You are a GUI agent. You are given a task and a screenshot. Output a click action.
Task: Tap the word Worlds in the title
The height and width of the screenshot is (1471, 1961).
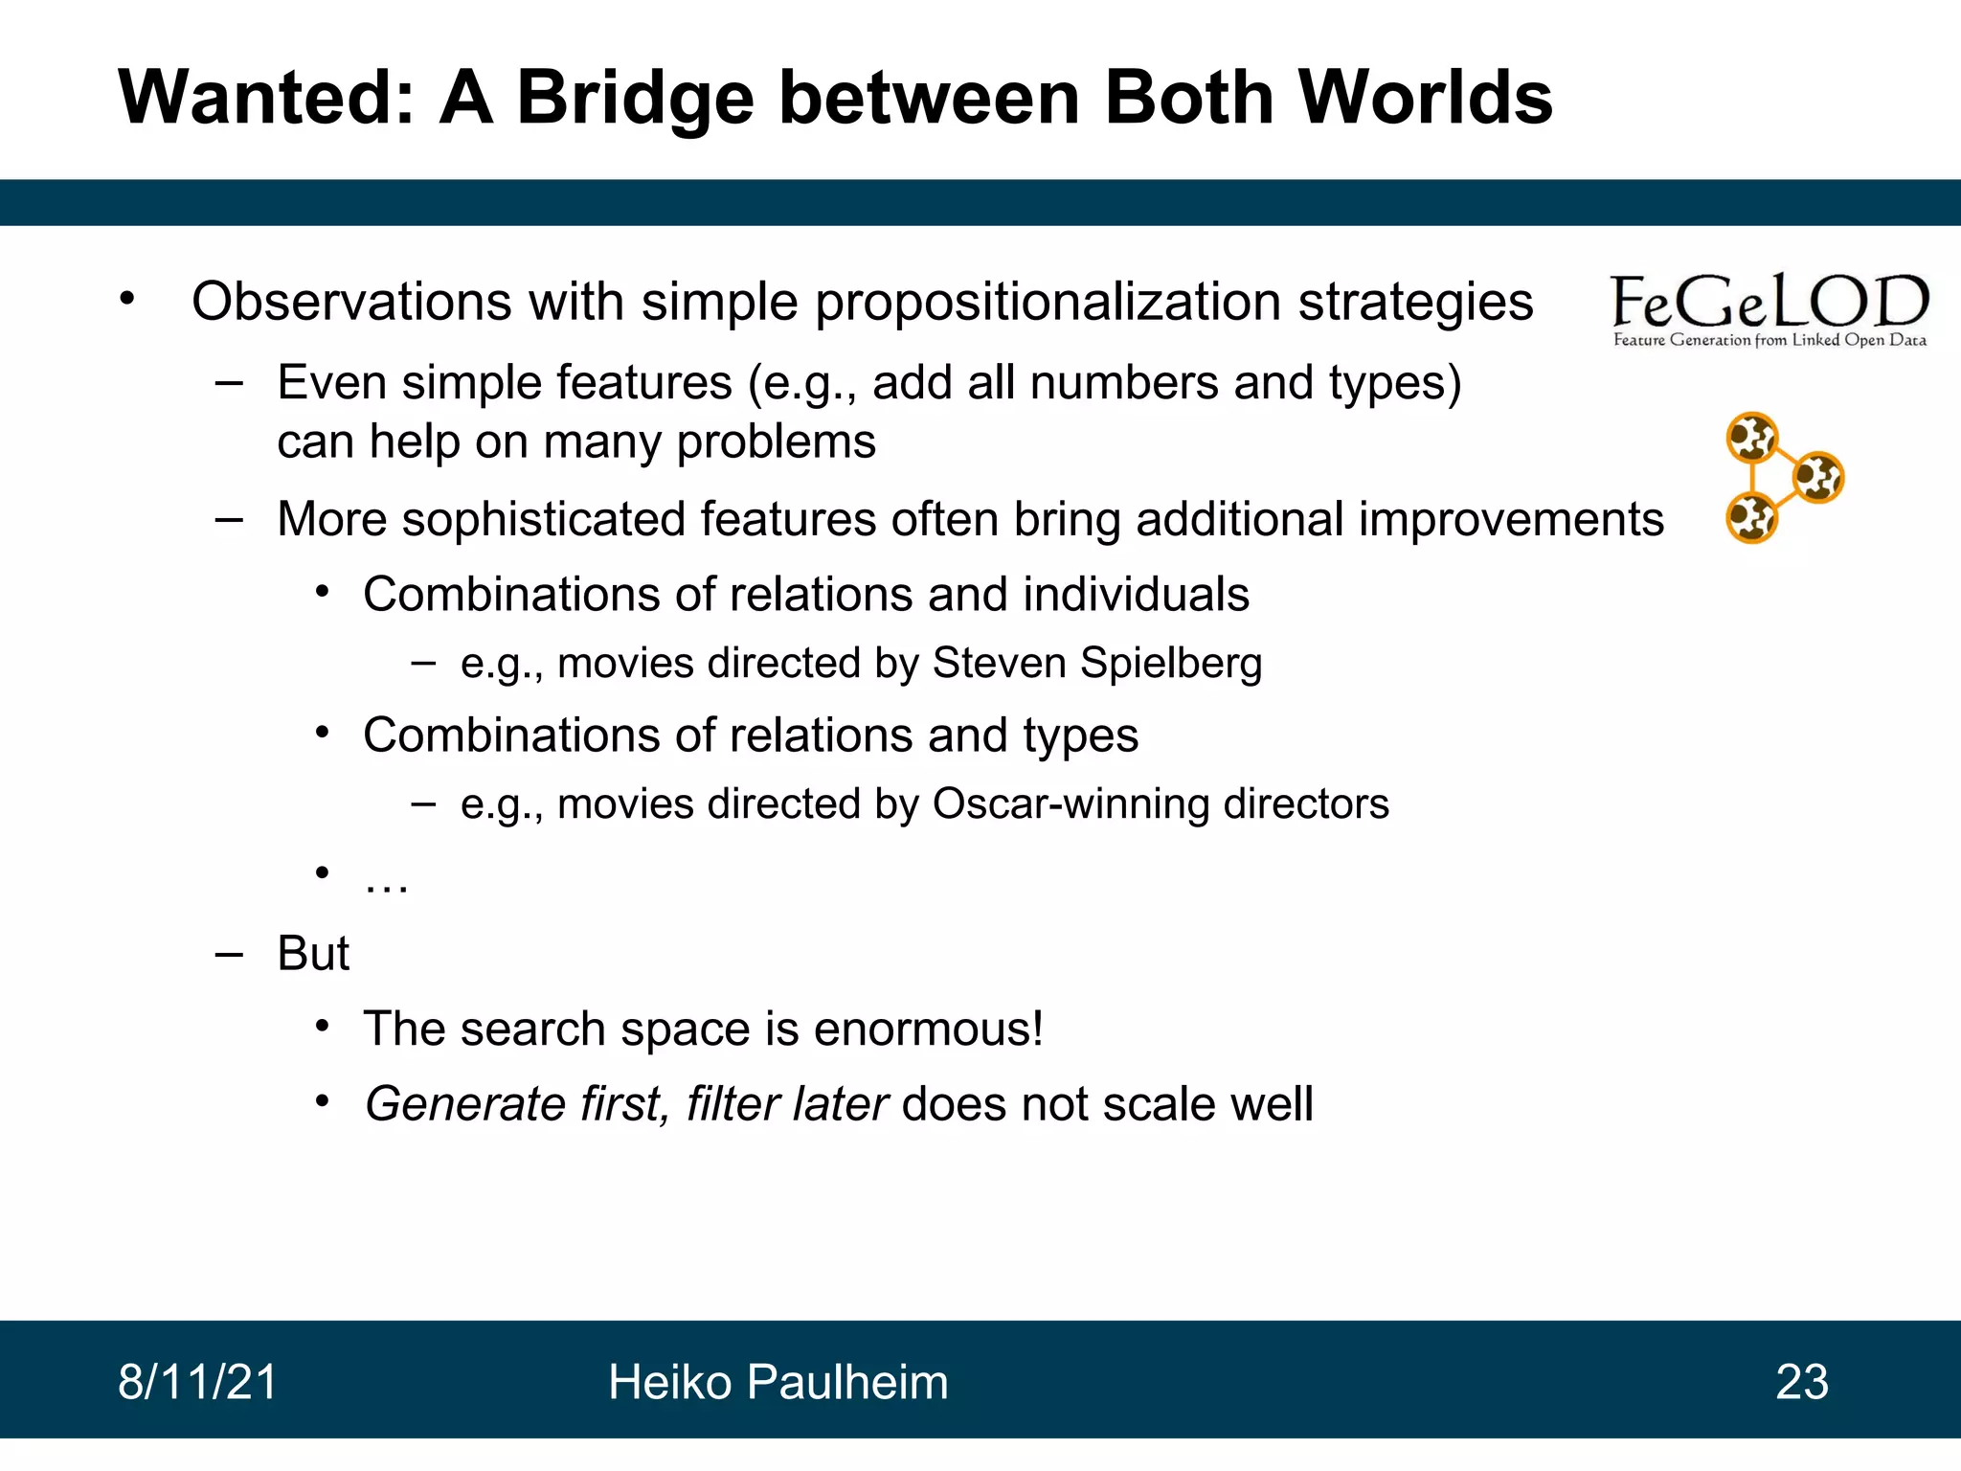point(1425,98)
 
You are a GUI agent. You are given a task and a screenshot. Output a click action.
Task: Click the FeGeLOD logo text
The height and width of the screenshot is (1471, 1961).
point(1769,302)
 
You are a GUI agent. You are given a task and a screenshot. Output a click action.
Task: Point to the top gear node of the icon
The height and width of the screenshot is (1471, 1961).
point(1751,439)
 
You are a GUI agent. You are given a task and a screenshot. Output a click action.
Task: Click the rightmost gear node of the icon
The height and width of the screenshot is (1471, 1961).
point(1817,477)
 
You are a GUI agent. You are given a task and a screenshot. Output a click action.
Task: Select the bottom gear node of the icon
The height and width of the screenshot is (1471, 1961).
point(1751,518)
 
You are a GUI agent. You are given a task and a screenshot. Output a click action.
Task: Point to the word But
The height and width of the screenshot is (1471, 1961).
point(313,954)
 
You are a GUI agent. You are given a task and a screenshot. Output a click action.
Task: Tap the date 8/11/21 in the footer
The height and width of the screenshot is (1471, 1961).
point(197,1382)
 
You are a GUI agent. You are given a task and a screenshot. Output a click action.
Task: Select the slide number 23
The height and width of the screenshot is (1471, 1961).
point(1801,1382)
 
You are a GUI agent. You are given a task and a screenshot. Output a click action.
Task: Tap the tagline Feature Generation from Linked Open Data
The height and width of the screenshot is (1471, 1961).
point(1769,340)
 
